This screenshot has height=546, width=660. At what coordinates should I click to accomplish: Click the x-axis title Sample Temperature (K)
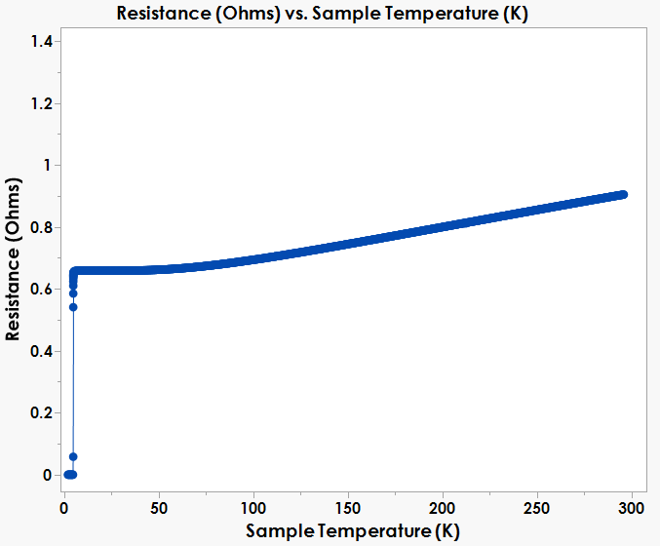[x=352, y=531]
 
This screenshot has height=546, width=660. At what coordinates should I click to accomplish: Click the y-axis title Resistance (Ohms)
[x=14, y=259]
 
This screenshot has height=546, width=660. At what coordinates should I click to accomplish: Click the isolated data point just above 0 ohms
[x=73, y=456]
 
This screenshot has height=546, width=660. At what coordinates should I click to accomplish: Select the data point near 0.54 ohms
[x=73, y=307]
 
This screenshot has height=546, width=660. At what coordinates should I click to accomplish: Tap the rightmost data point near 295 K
[x=623, y=194]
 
